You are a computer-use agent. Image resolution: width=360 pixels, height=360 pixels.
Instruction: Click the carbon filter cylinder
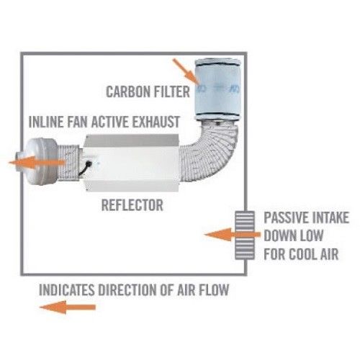coord(218,89)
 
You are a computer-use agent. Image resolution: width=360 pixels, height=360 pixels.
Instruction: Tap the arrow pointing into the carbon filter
coord(186,71)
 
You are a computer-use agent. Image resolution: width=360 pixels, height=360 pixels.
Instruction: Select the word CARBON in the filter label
coord(127,91)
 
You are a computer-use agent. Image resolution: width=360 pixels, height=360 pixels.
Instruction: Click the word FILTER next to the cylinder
coord(171,91)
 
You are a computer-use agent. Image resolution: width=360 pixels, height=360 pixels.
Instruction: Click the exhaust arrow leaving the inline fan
coord(37,163)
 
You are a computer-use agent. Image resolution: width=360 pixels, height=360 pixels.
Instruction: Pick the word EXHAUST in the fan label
coord(156,122)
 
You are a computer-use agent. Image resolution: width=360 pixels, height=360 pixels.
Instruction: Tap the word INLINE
coord(46,122)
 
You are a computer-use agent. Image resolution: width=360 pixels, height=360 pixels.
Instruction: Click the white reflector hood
coord(131,163)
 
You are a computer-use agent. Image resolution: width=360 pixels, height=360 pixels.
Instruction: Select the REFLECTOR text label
coord(132,205)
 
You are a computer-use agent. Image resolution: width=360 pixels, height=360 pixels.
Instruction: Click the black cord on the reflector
coord(85,166)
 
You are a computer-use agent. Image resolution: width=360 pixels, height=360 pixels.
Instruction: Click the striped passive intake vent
coord(245,235)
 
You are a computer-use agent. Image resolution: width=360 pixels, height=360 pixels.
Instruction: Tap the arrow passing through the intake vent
coord(232,235)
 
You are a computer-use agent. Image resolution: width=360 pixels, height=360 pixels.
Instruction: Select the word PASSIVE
coord(283,217)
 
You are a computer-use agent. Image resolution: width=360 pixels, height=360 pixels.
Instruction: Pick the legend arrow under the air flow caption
coord(68,307)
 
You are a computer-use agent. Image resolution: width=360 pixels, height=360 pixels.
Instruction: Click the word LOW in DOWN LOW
coord(311,235)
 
